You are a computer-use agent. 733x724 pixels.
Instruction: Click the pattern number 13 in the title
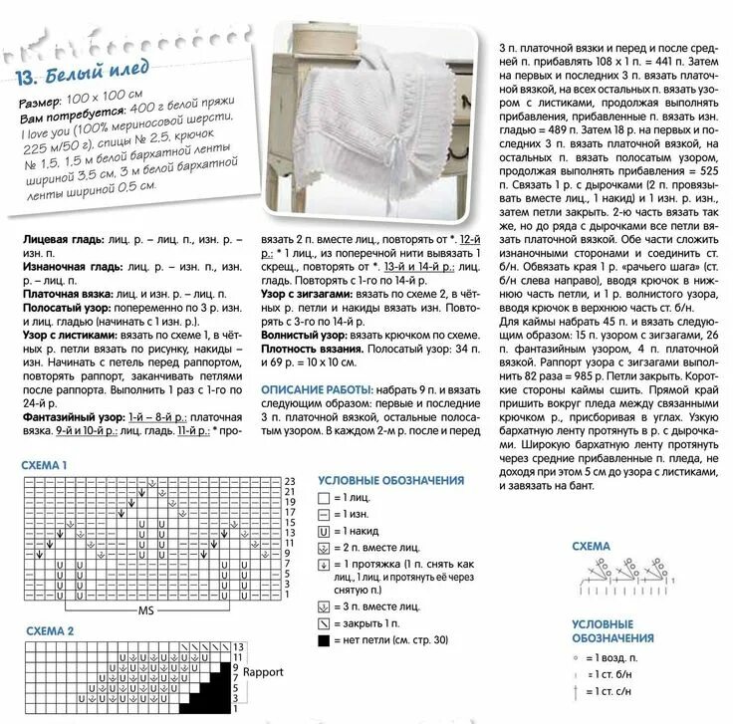click(x=28, y=80)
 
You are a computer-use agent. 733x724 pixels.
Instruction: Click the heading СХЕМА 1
click(x=44, y=465)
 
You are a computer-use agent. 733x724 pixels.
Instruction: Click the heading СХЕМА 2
click(x=44, y=631)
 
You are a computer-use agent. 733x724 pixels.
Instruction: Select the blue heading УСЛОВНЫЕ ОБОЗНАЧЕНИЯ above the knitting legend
click(x=383, y=479)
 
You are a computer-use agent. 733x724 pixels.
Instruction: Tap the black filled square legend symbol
click(x=325, y=639)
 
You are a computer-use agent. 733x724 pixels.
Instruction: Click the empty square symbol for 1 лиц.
click(x=325, y=497)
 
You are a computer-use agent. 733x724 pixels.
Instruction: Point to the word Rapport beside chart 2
click(x=263, y=671)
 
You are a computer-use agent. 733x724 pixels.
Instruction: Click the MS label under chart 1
click(x=145, y=609)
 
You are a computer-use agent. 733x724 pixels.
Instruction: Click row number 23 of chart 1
click(x=289, y=482)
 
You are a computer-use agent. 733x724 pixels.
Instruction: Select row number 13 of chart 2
click(x=239, y=647)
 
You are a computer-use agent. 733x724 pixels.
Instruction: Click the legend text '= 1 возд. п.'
click(x=615, y=659)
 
